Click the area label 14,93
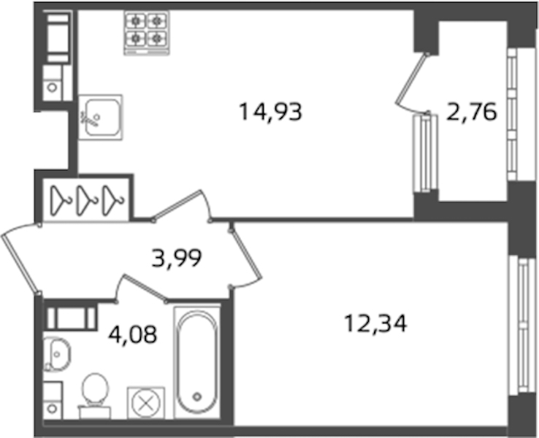tap(270, 112)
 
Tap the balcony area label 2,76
tap(472, 112)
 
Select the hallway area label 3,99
tap(176, 258)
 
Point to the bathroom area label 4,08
tap(133, 334)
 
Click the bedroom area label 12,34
tap(375, 323)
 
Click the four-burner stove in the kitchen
tap(147, 33)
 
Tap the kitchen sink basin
tap(101, 117)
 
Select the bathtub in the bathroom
tap(197, 362)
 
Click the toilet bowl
tap(94, 396)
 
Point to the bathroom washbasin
tap(57, 354)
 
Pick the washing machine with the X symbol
tap(146, 403)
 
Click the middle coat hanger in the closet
tap(87, 201)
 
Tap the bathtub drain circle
tap(197, 397)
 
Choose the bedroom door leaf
tap(246, 254)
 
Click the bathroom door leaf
tap(145, 288)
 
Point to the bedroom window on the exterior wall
tap(522, 325)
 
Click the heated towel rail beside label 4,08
tap(71, 318)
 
